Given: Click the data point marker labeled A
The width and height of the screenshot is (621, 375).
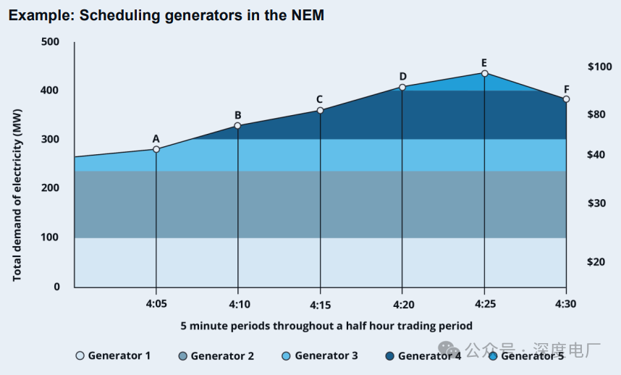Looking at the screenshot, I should click(x=156, y=149).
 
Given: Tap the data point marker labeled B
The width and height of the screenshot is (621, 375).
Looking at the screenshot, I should click(x=237, y=126).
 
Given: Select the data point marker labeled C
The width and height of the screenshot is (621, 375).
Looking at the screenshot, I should click(x=320, y=110).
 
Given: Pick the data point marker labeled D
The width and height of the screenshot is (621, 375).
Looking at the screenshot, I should click(x=402, y=88).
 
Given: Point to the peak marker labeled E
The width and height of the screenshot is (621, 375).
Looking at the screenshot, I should click(x=484, y=73).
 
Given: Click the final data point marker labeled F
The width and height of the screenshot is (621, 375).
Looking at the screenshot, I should click(x=566, y=99).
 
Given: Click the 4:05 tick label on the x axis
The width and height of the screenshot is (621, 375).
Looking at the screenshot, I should click(x=156, y=304).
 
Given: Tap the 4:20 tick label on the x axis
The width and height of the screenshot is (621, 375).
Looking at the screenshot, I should click(x=402, y=304).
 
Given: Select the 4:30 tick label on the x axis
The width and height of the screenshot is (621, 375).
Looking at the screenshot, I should click(x=566, y=304).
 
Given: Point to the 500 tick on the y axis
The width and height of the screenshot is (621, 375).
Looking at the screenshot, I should click(x=50, y=41).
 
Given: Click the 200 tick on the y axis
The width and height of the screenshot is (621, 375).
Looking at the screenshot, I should click(x=50, y=188).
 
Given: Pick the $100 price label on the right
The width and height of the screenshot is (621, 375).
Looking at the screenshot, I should click(x=599, y=67).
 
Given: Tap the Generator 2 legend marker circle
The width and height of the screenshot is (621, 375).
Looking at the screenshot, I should click(x=182, y=355).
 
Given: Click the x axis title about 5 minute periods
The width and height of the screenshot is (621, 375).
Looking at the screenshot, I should click(x=326, y=326).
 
